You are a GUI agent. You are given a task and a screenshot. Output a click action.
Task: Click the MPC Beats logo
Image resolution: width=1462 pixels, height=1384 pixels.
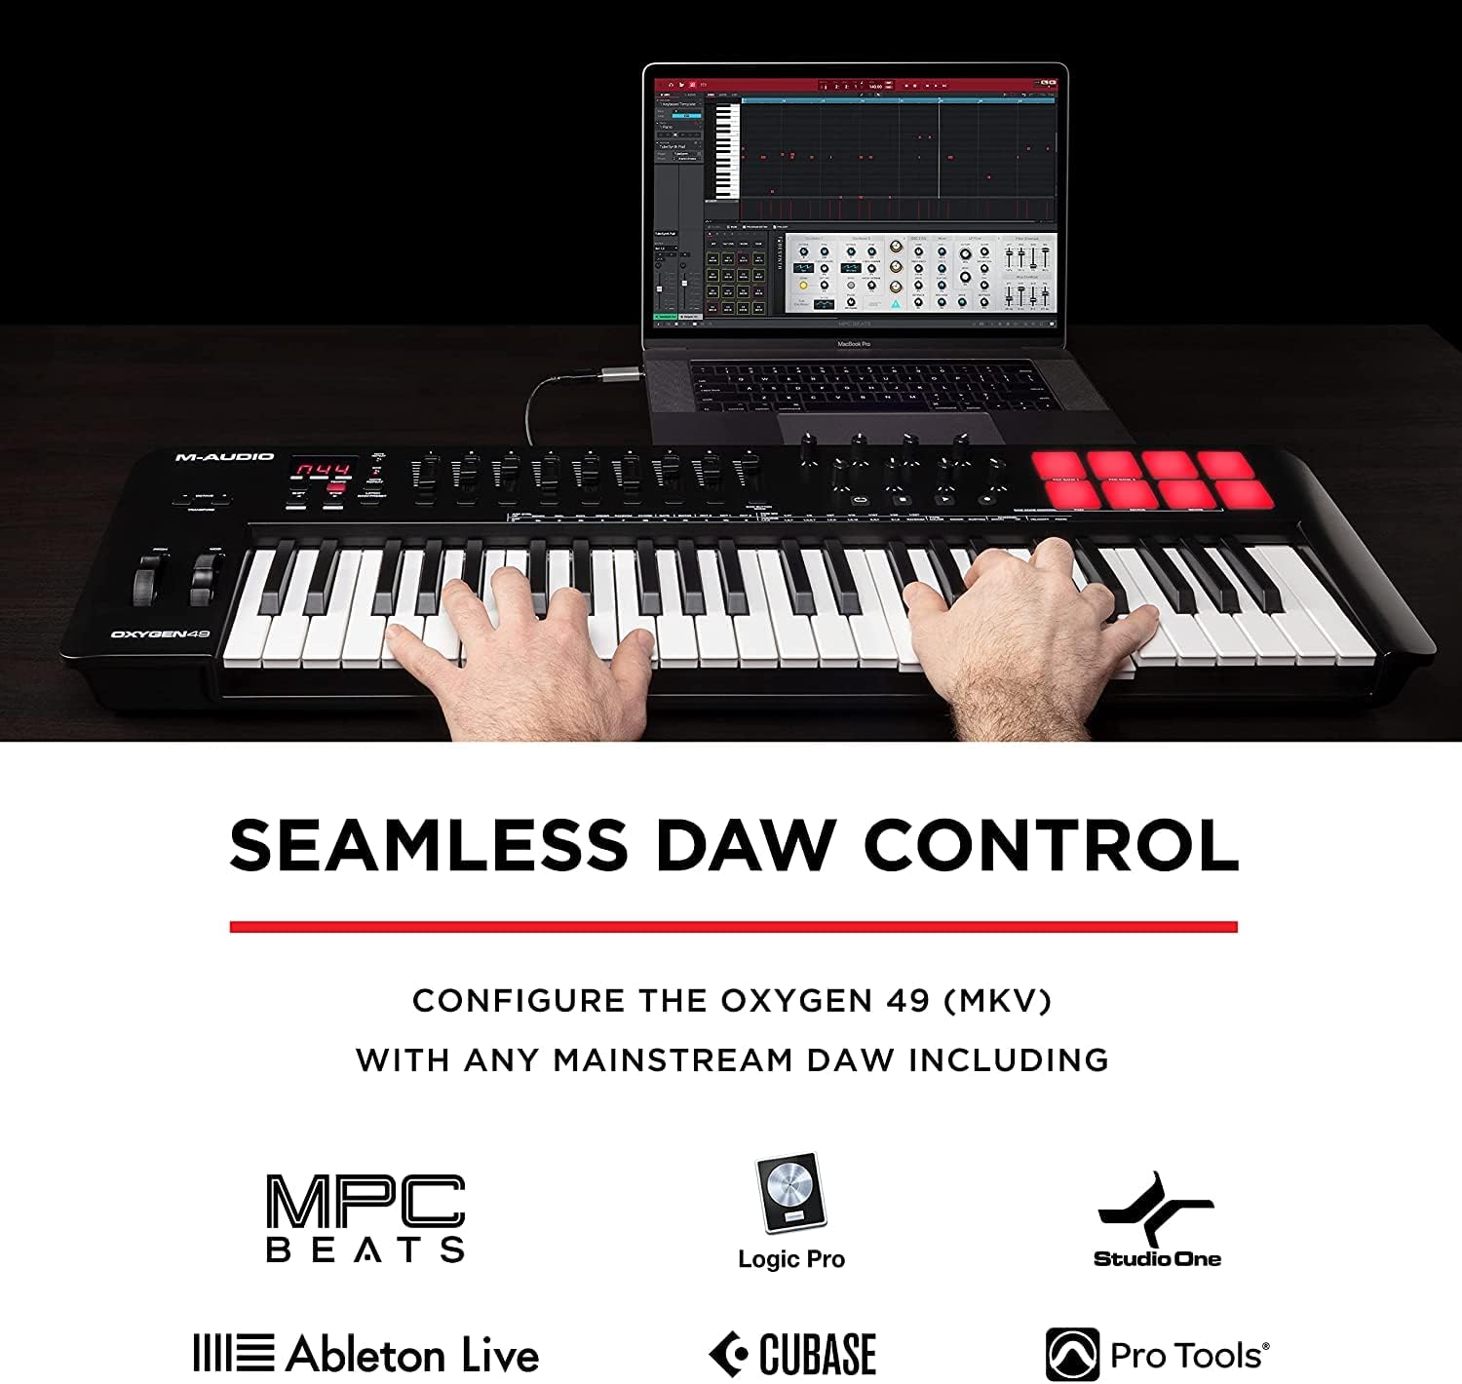coord(365,1217)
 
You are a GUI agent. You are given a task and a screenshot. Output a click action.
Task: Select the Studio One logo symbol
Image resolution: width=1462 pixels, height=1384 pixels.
coord(1156,1210)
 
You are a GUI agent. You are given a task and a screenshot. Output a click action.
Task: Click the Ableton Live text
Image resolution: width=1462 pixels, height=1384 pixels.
coord(412,1355)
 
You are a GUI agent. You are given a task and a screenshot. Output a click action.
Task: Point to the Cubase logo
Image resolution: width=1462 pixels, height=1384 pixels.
coord(792,1354)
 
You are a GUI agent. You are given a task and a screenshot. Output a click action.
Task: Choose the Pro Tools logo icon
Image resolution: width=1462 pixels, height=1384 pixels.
coord(1072,1354)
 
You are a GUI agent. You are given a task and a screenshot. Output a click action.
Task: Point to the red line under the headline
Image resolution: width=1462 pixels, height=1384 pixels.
coord(733,926)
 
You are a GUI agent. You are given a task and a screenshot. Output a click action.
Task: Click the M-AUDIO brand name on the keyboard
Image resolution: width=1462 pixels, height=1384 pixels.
coord(224,456)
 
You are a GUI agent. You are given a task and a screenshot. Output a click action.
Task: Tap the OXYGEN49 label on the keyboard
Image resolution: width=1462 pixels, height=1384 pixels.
coord(160,634)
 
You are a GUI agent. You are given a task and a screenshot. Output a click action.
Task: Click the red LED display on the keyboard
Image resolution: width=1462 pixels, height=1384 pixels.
coord(323,470)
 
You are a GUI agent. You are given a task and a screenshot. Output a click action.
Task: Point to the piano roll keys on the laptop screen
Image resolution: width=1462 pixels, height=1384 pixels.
coord(726,151)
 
